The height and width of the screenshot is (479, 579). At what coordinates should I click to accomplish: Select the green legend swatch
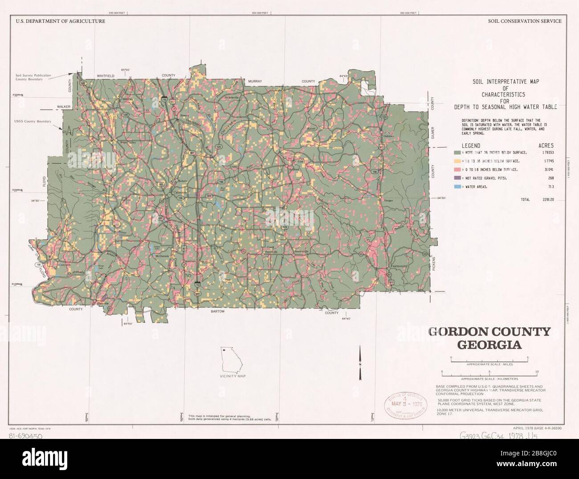click(457, 152)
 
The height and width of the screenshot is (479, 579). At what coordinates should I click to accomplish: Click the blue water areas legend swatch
click(457, 187)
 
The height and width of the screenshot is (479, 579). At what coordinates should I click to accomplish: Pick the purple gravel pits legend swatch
click(457, 178)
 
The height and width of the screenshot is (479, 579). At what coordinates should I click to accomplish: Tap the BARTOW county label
click(218, 312)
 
